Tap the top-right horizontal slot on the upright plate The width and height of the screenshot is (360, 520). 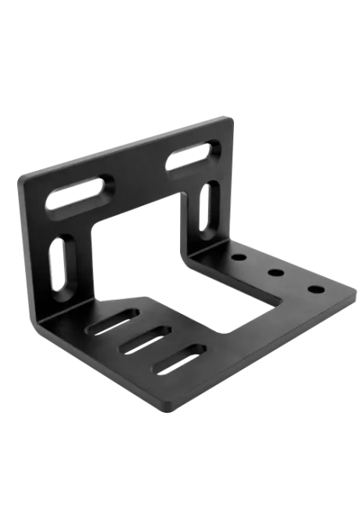click(x=189, y=155)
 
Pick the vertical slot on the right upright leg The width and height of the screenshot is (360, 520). click(x=207, y=206)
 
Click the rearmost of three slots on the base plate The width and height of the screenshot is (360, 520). click(x=113, y=321)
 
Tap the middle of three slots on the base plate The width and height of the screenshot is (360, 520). click(x=145, y=341)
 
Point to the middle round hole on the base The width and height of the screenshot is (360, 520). click(x=275, y=273)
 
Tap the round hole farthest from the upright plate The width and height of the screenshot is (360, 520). click(x=315, y=290)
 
